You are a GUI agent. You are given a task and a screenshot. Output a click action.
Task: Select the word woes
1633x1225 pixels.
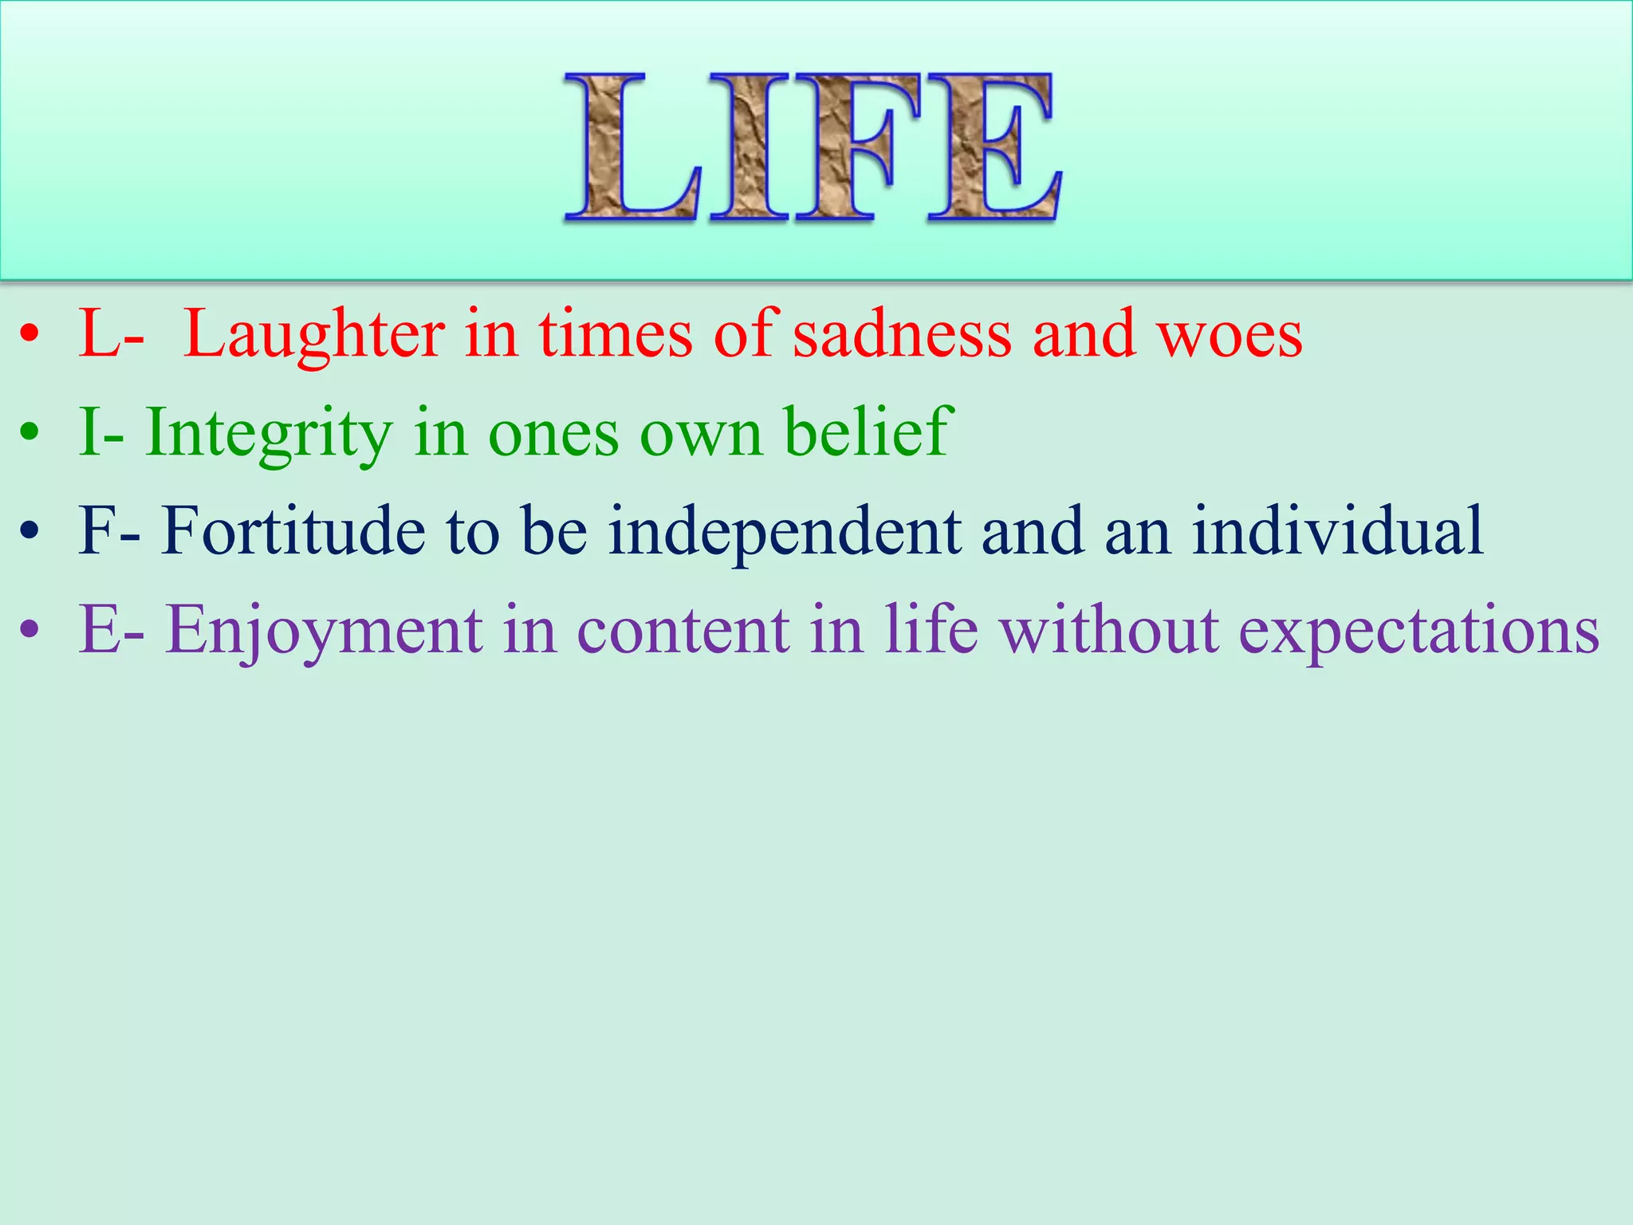(1230, 335)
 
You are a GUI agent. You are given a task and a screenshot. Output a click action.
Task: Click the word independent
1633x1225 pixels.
(785, 533)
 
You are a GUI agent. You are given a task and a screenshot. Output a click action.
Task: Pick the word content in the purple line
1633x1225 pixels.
(683, 630)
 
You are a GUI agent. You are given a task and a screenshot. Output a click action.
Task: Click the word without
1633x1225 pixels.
(1110, 630)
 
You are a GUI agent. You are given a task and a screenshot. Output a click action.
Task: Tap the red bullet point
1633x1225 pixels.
(30, 335)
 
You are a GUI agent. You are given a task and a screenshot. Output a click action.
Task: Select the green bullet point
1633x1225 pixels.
(30, 433)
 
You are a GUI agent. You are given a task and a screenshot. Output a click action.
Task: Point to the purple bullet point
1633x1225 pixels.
(30, 629)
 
